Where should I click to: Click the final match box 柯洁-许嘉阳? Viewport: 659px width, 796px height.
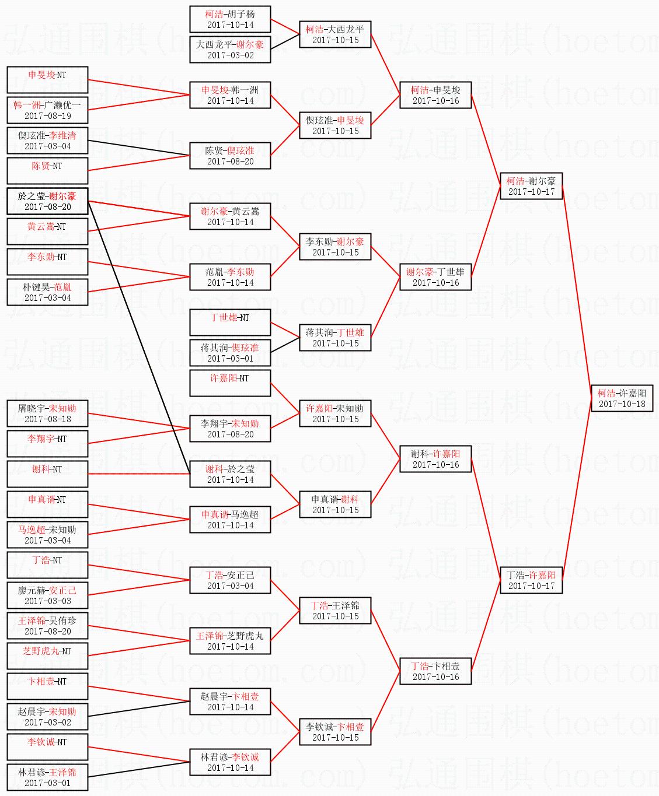(x=622, y=398)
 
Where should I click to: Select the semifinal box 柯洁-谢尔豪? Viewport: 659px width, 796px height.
(x=531, y=186)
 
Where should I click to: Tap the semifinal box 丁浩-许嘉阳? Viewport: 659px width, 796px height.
(x=531, y=580)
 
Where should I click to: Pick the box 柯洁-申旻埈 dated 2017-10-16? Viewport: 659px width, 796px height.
(x=435, y=95)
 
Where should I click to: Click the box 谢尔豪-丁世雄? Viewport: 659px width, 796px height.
(x=435, y=277)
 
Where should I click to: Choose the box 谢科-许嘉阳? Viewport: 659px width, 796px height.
(x=435, y=459)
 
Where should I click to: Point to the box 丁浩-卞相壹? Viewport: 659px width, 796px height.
(x=435, y=671)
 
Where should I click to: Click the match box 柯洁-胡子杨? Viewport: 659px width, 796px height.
(x=230, y=19)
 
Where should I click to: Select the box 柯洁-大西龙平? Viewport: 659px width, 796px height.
(x=335, y=34)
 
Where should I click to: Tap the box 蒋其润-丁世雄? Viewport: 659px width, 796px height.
(x=335, y=338)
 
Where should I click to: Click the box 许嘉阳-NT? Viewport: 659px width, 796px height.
(x=230, y=383)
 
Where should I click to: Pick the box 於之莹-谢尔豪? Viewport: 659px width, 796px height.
(x=47, y=201)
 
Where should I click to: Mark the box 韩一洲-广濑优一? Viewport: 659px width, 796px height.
(x=47, y=110)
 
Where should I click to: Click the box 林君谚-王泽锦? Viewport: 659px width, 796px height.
(x=47, y=777)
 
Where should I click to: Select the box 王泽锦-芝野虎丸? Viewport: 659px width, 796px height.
(x=230, y=641)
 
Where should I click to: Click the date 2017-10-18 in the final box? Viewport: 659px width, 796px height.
(x=622, y=404)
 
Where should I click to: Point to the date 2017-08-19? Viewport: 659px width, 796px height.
(x=47, y=116)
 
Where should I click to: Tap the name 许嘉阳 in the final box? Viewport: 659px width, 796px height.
(x=633, y=394)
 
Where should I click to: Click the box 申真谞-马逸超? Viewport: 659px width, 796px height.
(x=230, y=520)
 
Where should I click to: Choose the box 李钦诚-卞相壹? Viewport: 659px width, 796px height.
(x=335, y=732)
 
